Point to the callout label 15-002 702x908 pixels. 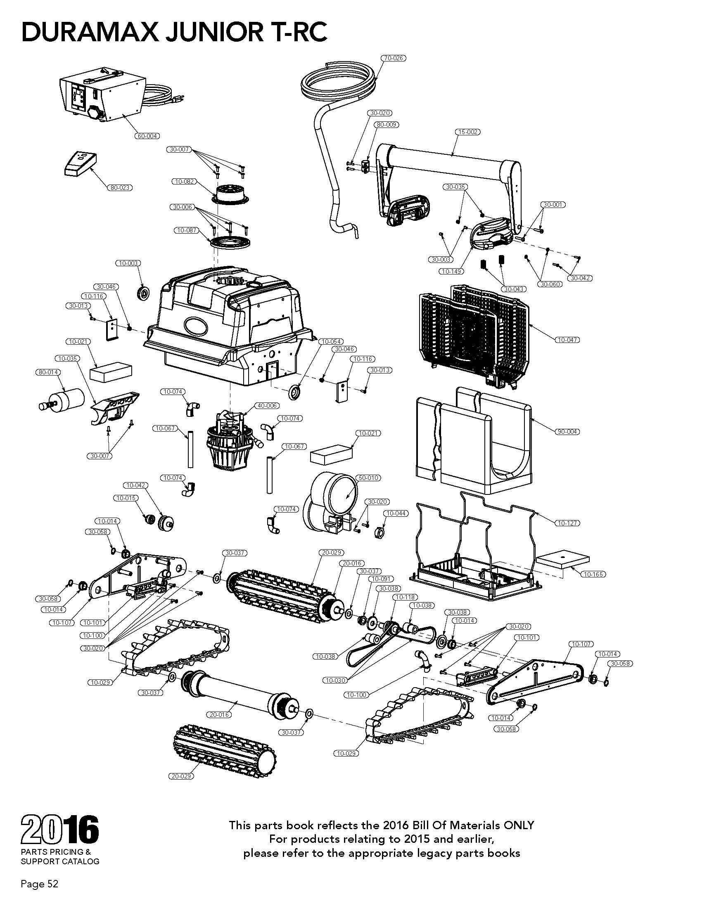467,132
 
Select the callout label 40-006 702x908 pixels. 267,405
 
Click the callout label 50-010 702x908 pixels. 369,478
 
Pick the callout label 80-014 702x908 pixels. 48,372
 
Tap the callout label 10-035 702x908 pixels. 68,358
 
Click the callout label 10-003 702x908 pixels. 128,263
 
